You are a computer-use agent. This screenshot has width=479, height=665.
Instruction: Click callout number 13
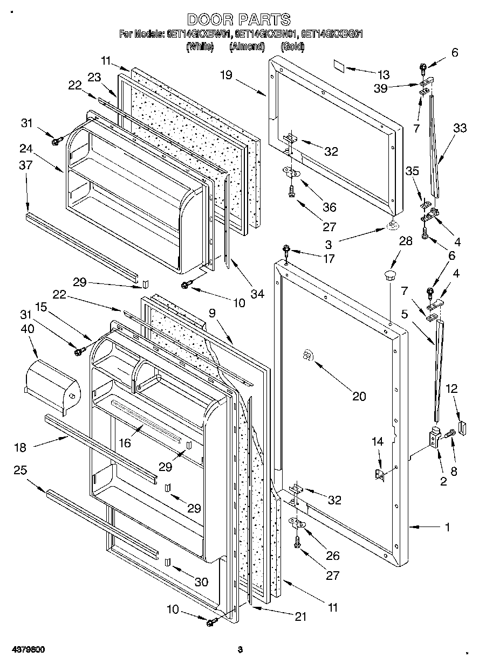click(x=384, y=74)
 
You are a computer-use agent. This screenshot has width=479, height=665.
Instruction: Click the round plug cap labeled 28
click(x=389, y=276)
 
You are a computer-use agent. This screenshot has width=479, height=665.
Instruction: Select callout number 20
click(x=359, y=396)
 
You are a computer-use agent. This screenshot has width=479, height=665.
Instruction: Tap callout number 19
click(x=225, y=75)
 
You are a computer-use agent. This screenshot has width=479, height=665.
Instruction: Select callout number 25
click(x=20, y=470)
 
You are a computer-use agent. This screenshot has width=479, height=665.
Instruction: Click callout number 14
click(x=377, y=442)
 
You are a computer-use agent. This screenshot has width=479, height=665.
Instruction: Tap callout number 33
click(x=460, y=128)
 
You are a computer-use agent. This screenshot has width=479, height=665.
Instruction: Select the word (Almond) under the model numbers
click(x=247, y=47)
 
